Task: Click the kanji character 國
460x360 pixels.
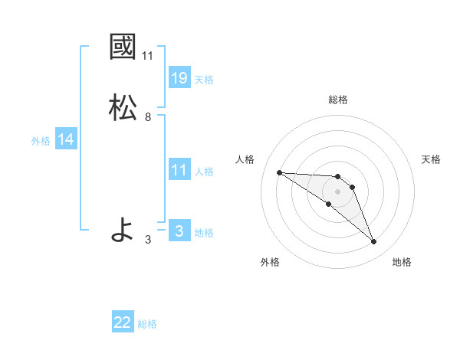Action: (123, 47)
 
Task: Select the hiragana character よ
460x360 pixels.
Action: (123, 230)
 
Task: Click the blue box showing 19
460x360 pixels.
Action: (179, 77)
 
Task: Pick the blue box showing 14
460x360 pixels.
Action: (66, 139)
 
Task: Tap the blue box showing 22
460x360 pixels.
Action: (123, 323)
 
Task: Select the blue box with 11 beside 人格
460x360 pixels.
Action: (179, 170)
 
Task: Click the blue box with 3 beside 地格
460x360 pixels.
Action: (179, 231)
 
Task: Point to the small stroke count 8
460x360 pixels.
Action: (148, 117)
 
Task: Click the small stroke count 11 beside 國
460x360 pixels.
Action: (148, 55)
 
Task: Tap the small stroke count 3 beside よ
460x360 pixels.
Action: (148, 240)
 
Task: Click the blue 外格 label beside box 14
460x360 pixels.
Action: (41, 141)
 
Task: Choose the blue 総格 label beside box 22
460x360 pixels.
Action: (148, 325)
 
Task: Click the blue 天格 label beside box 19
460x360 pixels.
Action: (204, 79)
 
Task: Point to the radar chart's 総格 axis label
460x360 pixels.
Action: (338, 100)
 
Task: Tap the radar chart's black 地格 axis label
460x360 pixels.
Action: (402, 262)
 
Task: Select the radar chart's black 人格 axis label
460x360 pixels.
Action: (245, 159)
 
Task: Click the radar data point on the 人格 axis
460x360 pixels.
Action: (279, 172)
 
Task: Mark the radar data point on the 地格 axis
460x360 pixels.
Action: (373, 242)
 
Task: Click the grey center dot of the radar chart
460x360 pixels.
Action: (337, 191)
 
